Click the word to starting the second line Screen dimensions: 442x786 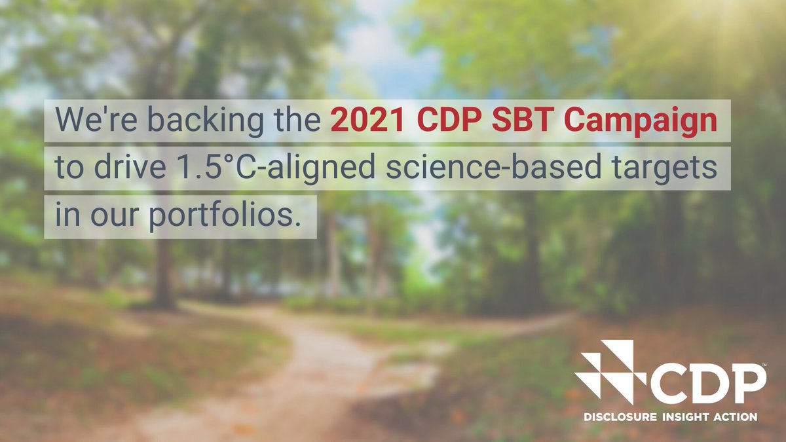(x=66, y=170)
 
